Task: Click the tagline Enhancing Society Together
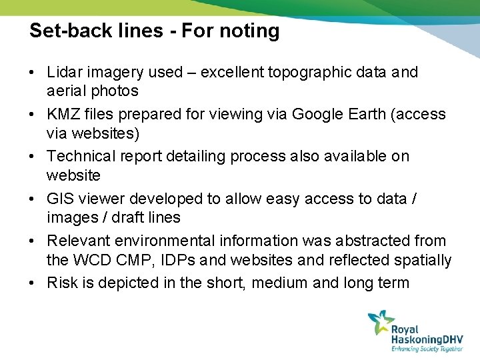click(427, 348)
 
